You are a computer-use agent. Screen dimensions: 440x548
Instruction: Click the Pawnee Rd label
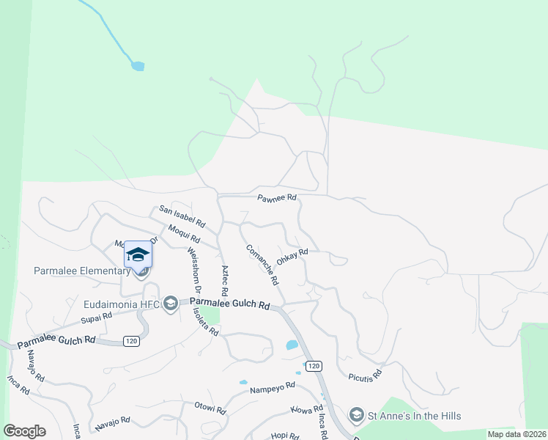pyautogui.click(x=276, y=198)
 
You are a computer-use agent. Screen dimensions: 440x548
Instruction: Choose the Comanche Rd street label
pyautogui.click(x=262, y=265)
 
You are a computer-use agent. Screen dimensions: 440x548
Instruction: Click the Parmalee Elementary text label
pyautogui.click(x=81, y=271)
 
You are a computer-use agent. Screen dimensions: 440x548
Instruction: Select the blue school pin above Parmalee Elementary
pyautogui.click(x=138, y=255)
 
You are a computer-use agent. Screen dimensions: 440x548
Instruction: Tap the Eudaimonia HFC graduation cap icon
pyautogui.click(x=171, y=303)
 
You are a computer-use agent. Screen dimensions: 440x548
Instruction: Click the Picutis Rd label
pyautogui.click(x=366, y=373)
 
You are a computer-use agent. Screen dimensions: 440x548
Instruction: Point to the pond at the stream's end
pyautogui.click(x=137, y=66)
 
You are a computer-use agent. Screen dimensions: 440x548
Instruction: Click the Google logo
pyautogui.click(x=24, y=431)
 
